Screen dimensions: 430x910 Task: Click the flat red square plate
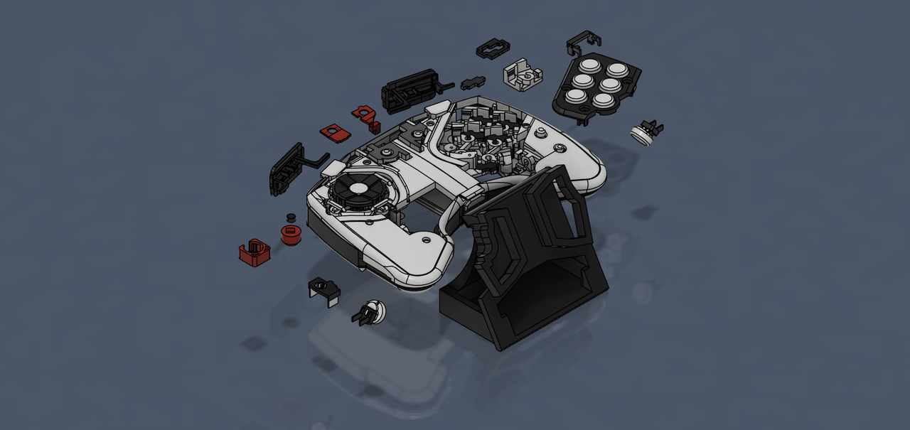click(x=333, y=131)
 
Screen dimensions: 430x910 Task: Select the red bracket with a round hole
click(x=366, y=115)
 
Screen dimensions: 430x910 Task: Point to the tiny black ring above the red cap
click(x=290, y=216)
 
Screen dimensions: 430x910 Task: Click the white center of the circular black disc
click(x=361, y=188)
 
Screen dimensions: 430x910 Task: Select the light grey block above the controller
click(x=523, y=75)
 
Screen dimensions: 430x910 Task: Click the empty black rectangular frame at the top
click(x=493, y=48)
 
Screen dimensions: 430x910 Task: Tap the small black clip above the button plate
click(x=582, y=42)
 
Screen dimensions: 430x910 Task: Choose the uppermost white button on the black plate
click(x=616, y=70)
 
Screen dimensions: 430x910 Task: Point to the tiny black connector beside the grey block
click(x=472, y=83)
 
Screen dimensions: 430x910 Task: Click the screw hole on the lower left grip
click(x=425, y=241)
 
